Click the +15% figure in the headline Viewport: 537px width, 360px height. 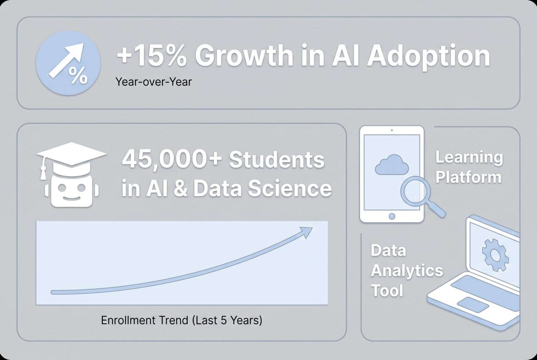[151, 56]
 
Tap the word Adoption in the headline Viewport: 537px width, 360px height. [429, 56]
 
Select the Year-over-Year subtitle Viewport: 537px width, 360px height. [153, 82]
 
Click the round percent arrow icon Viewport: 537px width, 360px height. [68, 63]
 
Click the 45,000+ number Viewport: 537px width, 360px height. [171, 159]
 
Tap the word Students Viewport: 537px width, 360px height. [277, 160]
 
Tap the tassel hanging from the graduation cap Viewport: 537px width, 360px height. [43, 173]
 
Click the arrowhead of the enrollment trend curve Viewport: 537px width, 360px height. [306, 232]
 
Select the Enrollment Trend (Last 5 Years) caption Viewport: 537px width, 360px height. [181, 320]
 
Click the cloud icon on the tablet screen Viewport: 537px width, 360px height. [392, 165]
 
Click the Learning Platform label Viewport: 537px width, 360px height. [468, 167]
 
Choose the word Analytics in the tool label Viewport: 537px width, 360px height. [407, 271]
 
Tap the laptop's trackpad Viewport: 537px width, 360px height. [473, 304]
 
